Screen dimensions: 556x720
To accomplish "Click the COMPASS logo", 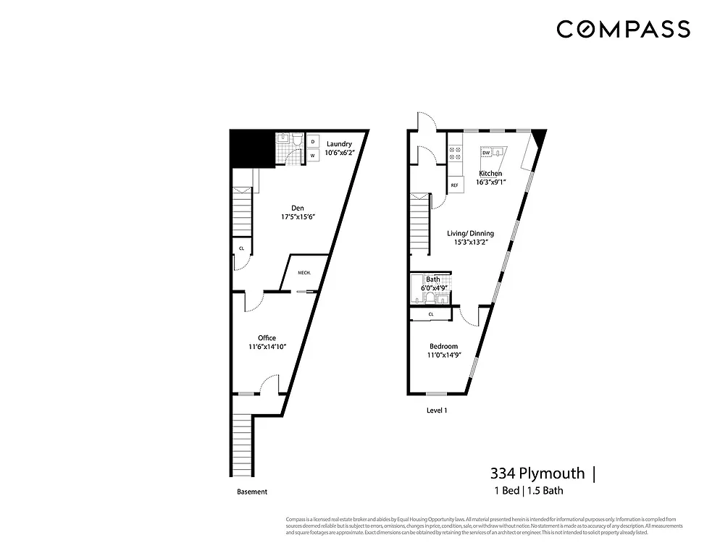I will coord(623,29).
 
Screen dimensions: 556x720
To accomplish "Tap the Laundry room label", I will coord(339,143).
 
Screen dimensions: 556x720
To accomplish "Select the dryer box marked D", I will coord(312,142).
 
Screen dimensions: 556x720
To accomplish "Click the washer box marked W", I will coord(312,156).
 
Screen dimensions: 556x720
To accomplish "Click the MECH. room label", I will coord(305,273).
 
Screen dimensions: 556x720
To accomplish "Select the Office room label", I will coord(267,337).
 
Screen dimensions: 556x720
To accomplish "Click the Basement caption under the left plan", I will coord(252,492).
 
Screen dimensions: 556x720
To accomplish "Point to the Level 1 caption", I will coord(437,410).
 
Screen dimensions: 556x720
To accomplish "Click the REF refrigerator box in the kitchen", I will coord(455,185).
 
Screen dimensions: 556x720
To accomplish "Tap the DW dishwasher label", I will coord(486,153).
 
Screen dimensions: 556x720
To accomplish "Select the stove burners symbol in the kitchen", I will coord(456,153).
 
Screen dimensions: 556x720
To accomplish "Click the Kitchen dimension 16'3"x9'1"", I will coord(490,182).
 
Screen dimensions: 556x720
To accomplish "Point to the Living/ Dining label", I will coord(470,233).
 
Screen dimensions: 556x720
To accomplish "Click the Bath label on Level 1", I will coord(433,279).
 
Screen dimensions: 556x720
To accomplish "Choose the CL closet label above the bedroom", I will coord(431,314).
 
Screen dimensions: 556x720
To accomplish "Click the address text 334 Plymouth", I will coord(537,473).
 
